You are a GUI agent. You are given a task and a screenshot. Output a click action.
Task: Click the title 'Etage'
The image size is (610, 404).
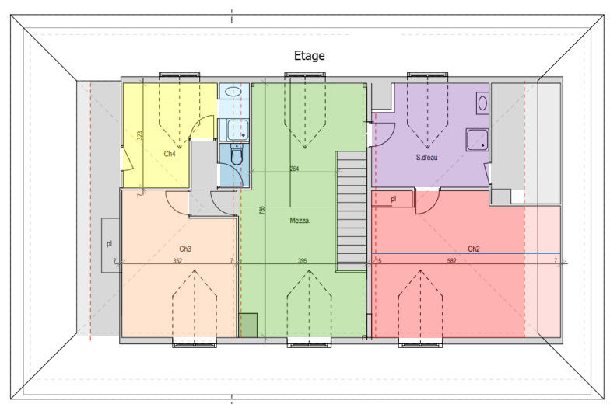click(x=309, y=56)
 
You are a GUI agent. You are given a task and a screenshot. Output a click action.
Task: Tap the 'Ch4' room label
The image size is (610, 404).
click(x=170, y=154)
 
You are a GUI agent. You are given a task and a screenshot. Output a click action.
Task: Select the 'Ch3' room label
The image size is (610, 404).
click(x=185, y=249)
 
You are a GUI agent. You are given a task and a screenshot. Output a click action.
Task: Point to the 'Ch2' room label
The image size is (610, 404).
click(x=474, y=249)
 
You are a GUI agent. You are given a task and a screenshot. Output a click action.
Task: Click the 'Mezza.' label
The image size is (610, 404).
click(x=300, y=221)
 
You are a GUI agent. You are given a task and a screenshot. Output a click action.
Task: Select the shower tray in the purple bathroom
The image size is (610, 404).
click(x=476, y=140)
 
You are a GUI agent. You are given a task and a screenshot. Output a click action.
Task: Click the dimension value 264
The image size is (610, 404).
click(x=294, y=169)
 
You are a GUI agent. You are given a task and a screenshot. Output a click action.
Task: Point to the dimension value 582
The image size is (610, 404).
click(x=451, y=261)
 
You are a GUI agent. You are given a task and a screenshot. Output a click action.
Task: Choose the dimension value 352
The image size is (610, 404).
click(x=177, y=261)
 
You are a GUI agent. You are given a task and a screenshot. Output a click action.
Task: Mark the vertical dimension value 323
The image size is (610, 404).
click(x=140, y=135)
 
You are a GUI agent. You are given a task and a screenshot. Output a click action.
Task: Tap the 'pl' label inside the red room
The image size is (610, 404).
click(x=394, y=199)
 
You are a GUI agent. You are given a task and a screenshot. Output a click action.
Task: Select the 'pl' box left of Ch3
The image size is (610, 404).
click(x=110, y=243)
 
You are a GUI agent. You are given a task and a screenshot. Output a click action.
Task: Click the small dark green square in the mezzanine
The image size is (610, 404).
click(x=247, y=325)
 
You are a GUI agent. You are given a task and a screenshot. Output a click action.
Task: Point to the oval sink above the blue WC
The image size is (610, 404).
click(x=232, y=92)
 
